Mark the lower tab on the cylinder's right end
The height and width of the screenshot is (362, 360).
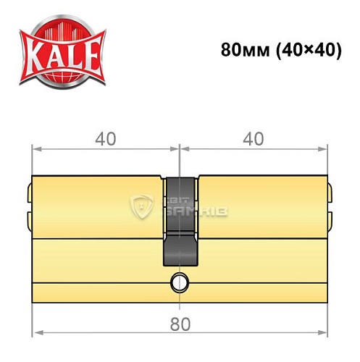point(330,218)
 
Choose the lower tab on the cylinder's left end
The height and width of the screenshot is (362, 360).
point(28,218)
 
